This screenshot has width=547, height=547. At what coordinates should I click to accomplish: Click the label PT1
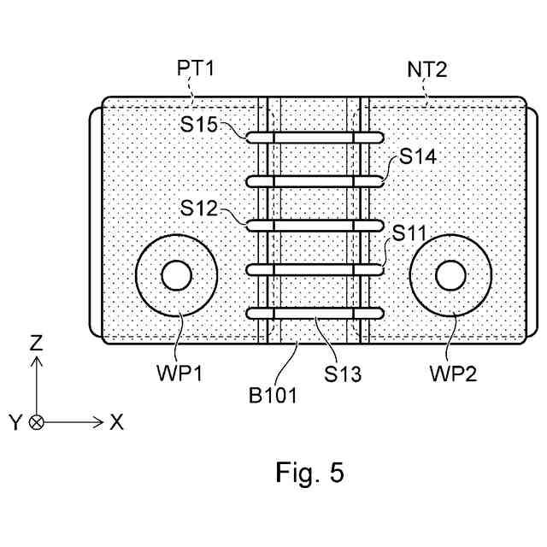tap(196, 68)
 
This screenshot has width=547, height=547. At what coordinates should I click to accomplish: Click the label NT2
tap(427, 69)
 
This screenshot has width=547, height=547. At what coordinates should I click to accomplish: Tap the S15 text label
tap(199, 124)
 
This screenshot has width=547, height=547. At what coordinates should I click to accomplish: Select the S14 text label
tap(418, 156)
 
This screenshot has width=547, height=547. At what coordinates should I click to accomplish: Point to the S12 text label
tap(199, 209)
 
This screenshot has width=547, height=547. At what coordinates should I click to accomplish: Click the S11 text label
tap(409, 233)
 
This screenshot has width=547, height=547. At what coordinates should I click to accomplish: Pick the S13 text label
tap(343, 374)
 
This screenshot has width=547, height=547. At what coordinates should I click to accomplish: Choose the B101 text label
tap(273, 396)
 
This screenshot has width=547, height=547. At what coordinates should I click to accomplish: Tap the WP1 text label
tap(179, 373)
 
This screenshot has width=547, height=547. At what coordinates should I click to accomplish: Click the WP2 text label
tap(453, 373)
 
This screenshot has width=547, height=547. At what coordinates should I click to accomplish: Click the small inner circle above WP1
tap(177, 275)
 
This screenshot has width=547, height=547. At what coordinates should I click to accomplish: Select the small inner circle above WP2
tap(450, 275)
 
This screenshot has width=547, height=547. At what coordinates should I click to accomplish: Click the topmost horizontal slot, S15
tap(315, 138)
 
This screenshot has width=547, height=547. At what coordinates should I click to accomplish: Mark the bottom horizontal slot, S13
tap(315, 314)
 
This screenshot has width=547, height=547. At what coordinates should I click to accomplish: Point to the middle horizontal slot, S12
tap(315, 226)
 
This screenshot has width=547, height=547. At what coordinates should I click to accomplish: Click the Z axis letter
tap(36, 343)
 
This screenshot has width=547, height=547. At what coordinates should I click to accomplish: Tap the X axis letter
tap(116, 422)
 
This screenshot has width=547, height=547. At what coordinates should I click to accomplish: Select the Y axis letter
tap(15, 422)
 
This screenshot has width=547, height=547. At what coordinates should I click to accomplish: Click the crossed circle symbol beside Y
tap(36, 422)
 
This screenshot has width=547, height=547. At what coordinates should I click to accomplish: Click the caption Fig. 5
tap(309, 472)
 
